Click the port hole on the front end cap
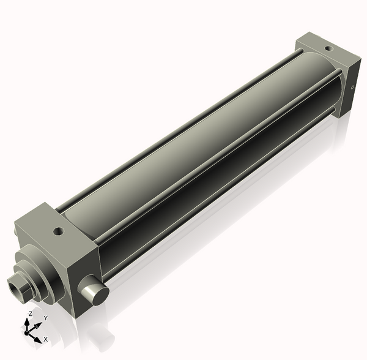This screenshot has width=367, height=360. click(x=59, y=232)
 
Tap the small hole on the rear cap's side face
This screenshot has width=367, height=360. click(x=354, y=88)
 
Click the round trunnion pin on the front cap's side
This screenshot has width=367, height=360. click(x=93, y=293)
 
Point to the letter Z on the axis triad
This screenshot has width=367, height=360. click(x=30, y=314)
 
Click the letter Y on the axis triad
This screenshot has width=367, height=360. click(x=45, y=318)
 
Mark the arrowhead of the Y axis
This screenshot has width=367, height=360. click(x=39, y=324)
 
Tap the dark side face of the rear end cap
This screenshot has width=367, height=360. click(x=352, y=83)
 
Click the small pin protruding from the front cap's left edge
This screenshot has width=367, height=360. click(x=13, y=233)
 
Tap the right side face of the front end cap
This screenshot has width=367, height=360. click(x=83, y=269)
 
